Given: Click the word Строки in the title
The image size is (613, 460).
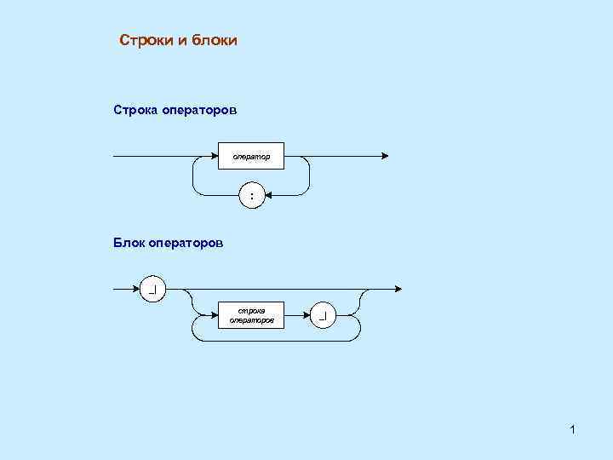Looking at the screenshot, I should (x=146, y=40).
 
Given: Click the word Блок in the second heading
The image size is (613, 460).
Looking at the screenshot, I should (x=129, y=243).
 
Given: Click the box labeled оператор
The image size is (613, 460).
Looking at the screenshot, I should (x=251, y=157).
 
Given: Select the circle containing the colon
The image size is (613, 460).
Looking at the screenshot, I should (x=251, y=196).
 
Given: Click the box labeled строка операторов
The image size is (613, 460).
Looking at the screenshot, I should (x=252, y=315).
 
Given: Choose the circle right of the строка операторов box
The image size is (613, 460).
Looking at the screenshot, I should (x=324, y=315).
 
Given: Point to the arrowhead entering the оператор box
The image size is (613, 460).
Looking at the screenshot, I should (x=215, y=157).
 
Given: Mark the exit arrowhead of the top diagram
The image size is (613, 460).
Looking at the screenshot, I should (x=385, y=157).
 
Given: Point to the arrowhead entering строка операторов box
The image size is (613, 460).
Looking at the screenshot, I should (x=215, y=315).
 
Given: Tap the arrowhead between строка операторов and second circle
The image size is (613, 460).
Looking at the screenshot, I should (x=307, y=315).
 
